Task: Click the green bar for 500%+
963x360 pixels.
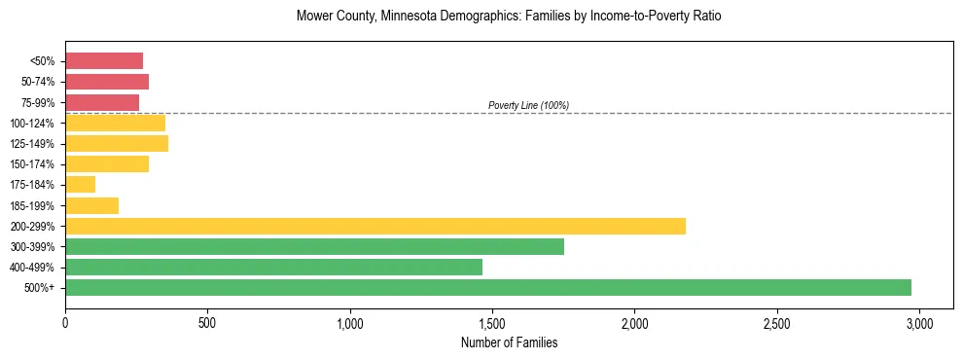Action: [x=488, y=287]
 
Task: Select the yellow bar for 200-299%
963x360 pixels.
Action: [x=375, y=226]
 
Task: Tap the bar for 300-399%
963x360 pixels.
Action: [x=314, y=246]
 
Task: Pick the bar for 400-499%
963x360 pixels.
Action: [x=273, y=267]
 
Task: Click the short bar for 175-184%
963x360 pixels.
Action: [x=80, y=184]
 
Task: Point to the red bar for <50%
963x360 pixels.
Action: [x=104, y=60]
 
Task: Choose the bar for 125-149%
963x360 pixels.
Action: [x=117, y=143]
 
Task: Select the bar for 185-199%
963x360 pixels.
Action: [x=91, y=205]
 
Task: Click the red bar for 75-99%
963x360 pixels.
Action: [x=102, y=102]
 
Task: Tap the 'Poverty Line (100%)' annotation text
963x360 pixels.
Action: [x=528, y=105]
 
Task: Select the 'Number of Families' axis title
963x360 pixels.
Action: [x=509, y=342]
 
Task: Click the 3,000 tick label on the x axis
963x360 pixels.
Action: [x=919, y=322]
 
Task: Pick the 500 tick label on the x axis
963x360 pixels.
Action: [x=207, y=322]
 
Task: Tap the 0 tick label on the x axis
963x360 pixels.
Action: [x=65, y=322]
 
